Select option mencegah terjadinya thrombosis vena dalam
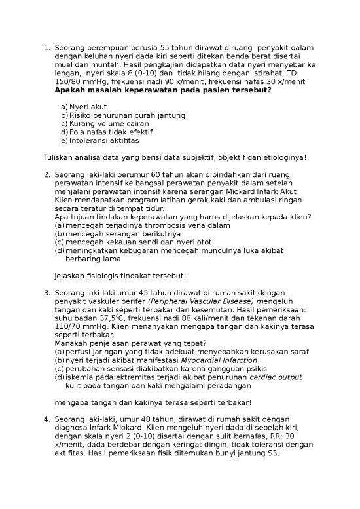[143, 225]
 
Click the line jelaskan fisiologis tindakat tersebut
[120, 276]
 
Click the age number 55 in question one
[168, 48]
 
